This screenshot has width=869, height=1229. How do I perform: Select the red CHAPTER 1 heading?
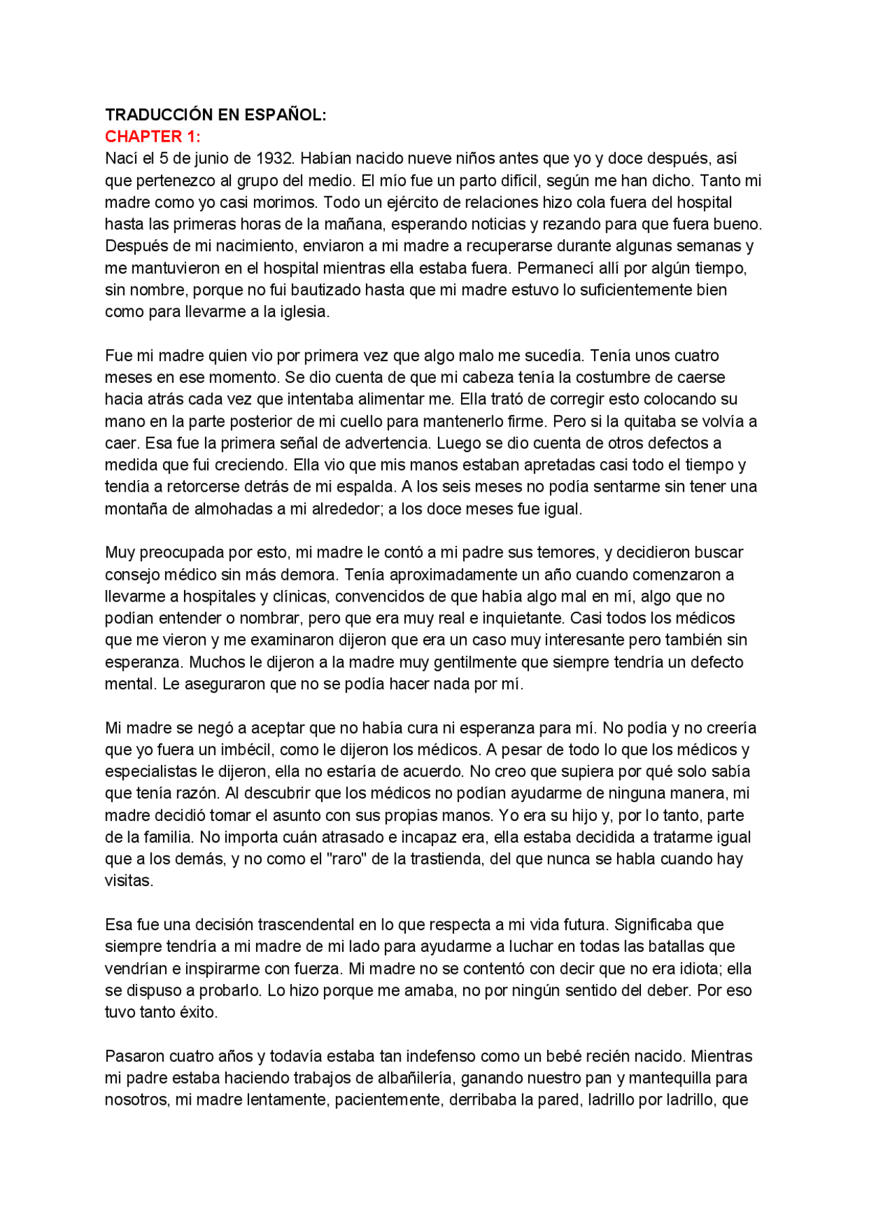click(x=152, y=136)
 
